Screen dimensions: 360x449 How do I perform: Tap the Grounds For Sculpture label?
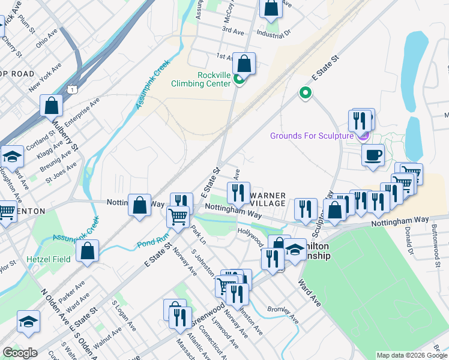coord(312,136)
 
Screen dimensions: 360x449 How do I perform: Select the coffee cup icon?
coord(373,155)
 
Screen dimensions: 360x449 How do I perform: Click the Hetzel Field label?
coord(48,259)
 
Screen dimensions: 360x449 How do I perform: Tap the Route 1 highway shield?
coord(72,89)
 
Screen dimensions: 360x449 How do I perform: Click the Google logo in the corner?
coord(20,353)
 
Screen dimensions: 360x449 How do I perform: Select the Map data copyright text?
coord(412,355)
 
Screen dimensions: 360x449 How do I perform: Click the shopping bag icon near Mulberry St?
coord(52,106)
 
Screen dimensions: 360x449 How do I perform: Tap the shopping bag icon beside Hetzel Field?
coord(88,252)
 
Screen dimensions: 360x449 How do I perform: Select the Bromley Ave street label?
coord(283,314)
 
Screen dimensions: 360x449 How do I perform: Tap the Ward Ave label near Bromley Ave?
coord(309,293)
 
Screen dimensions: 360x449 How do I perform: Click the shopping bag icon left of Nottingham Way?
coord(139,206)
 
